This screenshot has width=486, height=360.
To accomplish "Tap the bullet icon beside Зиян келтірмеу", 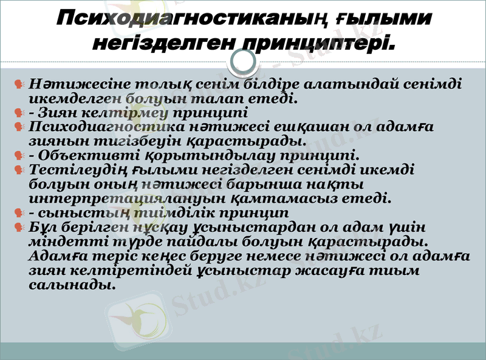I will coord(19,112).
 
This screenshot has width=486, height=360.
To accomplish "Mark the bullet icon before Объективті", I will coord(19,156).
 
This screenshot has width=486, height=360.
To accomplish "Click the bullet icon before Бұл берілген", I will coord(19,228).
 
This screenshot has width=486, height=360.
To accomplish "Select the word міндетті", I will coord(61,242).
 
